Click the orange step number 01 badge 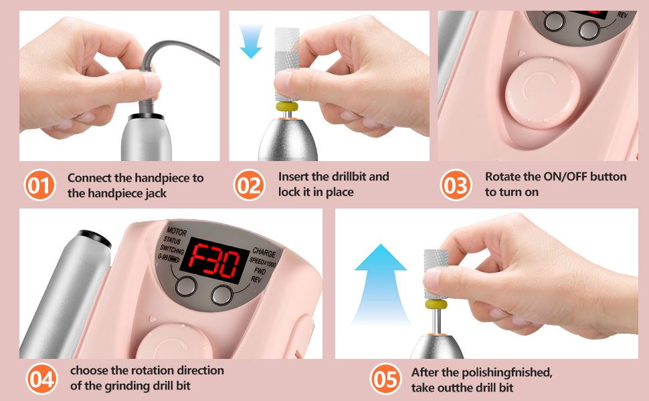(41, 185)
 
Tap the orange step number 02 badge (249, 185)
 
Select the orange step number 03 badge (456, 185)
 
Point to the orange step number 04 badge (41, 379)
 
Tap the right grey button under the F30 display (223, 294)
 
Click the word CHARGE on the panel (264, 253)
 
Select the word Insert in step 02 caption (294, 177)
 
